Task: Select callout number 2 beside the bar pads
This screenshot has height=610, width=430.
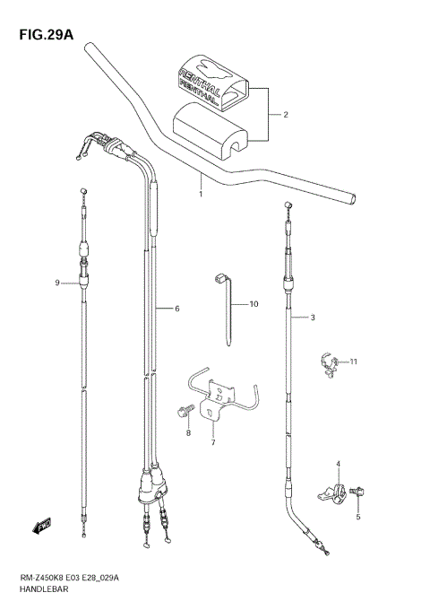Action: [285, 115]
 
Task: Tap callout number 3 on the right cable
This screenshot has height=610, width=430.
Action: [313, 317]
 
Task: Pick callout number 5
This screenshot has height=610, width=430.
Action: [357, 518]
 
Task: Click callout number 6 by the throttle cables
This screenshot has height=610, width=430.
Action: [177, 309]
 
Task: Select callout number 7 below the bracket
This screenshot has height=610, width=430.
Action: [213, 442]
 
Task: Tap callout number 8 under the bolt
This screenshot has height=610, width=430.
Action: [188, 433]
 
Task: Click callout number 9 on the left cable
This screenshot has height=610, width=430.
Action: [56, 283]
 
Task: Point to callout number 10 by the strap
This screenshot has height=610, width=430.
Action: [253, 305]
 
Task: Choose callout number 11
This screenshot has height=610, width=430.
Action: [353, 362]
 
